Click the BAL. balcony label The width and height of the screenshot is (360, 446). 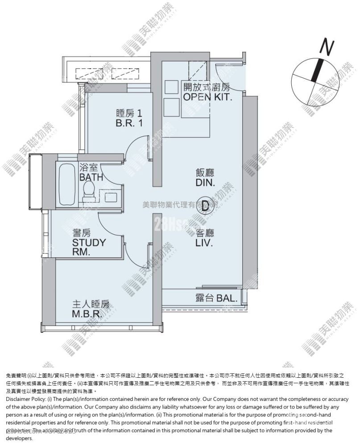[218, 298]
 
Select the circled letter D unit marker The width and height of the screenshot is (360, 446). [205, 206]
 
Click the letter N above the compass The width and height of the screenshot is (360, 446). [328, 46]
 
